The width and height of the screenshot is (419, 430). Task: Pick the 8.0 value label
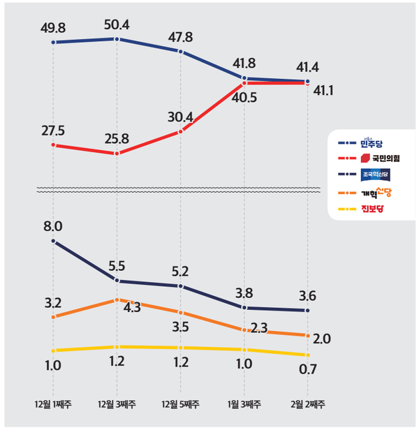(54, 225)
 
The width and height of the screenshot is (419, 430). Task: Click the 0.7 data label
(308, 370)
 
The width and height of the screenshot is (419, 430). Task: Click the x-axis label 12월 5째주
(181, 406)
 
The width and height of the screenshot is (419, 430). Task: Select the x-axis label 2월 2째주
(308, 406)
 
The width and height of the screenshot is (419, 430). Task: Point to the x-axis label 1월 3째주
(244, 406)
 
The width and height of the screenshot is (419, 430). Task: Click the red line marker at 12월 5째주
(181, 131)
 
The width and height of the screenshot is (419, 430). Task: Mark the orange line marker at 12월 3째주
(117, 300)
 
